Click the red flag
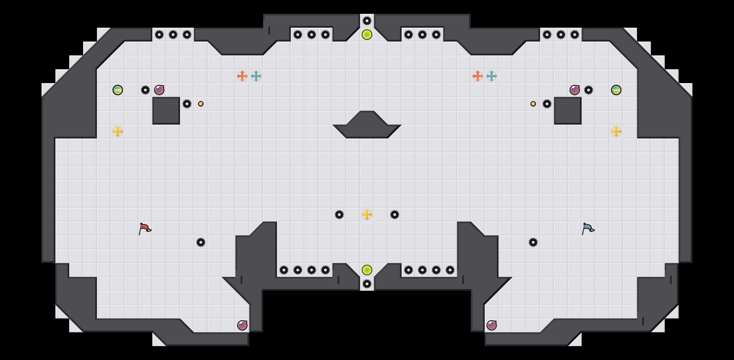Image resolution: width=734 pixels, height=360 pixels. tap(145, 228)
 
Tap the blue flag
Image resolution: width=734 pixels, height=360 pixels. tap(588, 228)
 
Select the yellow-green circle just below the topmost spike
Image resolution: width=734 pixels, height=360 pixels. tap(367, 35)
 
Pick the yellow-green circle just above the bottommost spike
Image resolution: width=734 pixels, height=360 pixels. tap(367, 270)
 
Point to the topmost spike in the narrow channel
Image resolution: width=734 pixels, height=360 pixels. tap(367, 21)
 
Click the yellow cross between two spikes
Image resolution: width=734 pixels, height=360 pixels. tap(367, 215)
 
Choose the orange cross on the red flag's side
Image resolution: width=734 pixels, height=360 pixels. tap(242, 76)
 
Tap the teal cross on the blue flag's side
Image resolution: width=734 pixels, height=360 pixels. tap(492, 76)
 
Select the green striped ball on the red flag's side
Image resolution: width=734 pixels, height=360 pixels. tap(118, 90)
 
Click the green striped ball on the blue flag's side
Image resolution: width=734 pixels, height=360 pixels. tap(616, 90)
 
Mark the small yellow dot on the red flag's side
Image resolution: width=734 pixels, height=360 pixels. tap(201, 104)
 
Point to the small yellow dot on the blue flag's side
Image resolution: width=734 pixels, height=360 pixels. tap(533, 104)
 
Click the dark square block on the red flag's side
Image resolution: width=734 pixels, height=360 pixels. tap(166, 111)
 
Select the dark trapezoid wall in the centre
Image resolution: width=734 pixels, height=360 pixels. tap(367, 126)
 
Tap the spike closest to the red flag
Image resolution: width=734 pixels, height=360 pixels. tap(201, 242)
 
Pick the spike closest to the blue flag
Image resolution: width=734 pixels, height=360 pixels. tap(533, 242)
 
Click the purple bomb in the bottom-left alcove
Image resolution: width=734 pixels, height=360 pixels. tap(242, 325)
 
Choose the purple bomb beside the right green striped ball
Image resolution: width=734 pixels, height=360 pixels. tap(575, 90)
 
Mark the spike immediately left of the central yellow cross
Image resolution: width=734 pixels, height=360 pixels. tap(339, 215)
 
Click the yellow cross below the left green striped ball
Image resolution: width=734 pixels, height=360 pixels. tap(118, 132)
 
